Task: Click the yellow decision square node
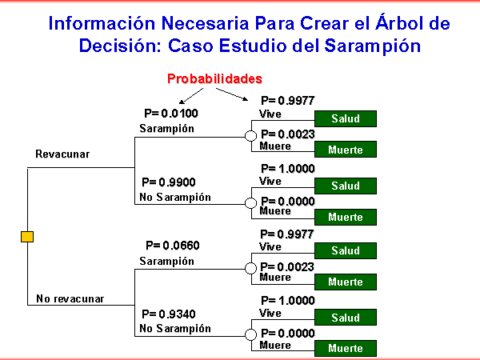point(27,237)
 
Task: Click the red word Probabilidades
point(214,78)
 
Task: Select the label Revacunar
point(62,154)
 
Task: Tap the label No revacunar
point(70,298)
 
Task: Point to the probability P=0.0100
point(171,114)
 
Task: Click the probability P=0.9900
point(169,182)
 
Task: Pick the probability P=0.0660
point(173,246)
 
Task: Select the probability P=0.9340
point(169,314)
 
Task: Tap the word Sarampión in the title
point(372,46)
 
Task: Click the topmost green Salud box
point(346,118)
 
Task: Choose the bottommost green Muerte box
point(346,348)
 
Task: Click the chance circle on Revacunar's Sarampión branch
point(250,136)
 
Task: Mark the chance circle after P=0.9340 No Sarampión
point(250,334)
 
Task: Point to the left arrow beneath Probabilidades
point(191,96)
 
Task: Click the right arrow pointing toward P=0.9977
point(232,94)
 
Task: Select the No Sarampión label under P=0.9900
point(175,197)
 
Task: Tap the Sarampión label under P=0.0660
point(167,261)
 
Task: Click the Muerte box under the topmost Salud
point(346,150)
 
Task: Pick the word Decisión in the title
point(120,46)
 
